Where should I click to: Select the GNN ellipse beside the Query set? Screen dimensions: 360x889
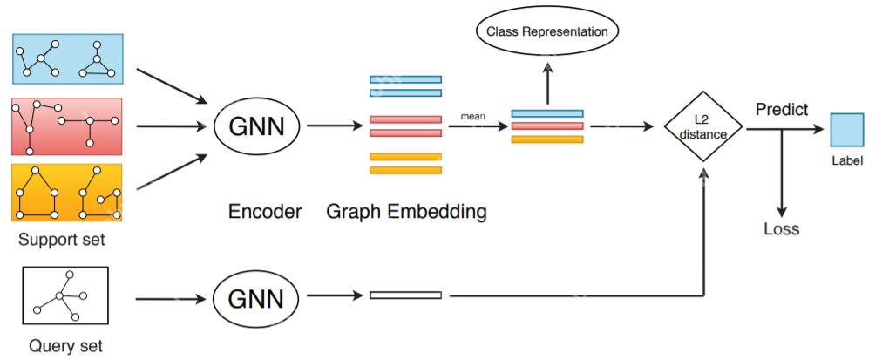coord(256,300)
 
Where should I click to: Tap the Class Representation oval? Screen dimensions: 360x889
coord(547,32)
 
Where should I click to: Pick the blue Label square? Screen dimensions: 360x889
coord(845,129)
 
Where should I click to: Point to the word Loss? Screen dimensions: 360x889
coord(781,230)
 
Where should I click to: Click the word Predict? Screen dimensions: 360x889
coord(781,110)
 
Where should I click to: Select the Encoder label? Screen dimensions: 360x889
coord(264,211)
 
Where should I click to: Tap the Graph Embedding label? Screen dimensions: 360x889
coord(406,211)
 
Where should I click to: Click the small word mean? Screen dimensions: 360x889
coord(474,115)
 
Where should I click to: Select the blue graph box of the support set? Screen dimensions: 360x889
coord(68,59)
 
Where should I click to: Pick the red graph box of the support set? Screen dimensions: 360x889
coord(68,126)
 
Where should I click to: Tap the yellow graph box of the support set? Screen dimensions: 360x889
coord(68,192)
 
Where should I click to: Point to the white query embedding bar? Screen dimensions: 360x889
coord(405,295)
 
